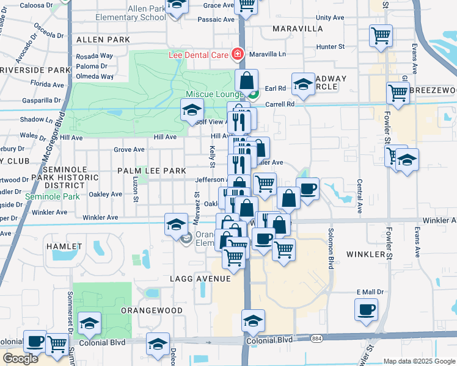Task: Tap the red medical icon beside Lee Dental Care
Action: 237,55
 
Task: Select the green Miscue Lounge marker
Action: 252,94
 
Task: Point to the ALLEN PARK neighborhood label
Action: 103,40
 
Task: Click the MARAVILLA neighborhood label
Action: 289,29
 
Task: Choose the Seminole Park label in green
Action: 53,197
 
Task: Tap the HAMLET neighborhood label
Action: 64,246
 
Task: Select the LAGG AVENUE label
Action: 200,279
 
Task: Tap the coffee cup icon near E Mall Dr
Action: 366,310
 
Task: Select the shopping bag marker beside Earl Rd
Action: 247,79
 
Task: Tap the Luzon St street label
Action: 136,191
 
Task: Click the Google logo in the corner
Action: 20,359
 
